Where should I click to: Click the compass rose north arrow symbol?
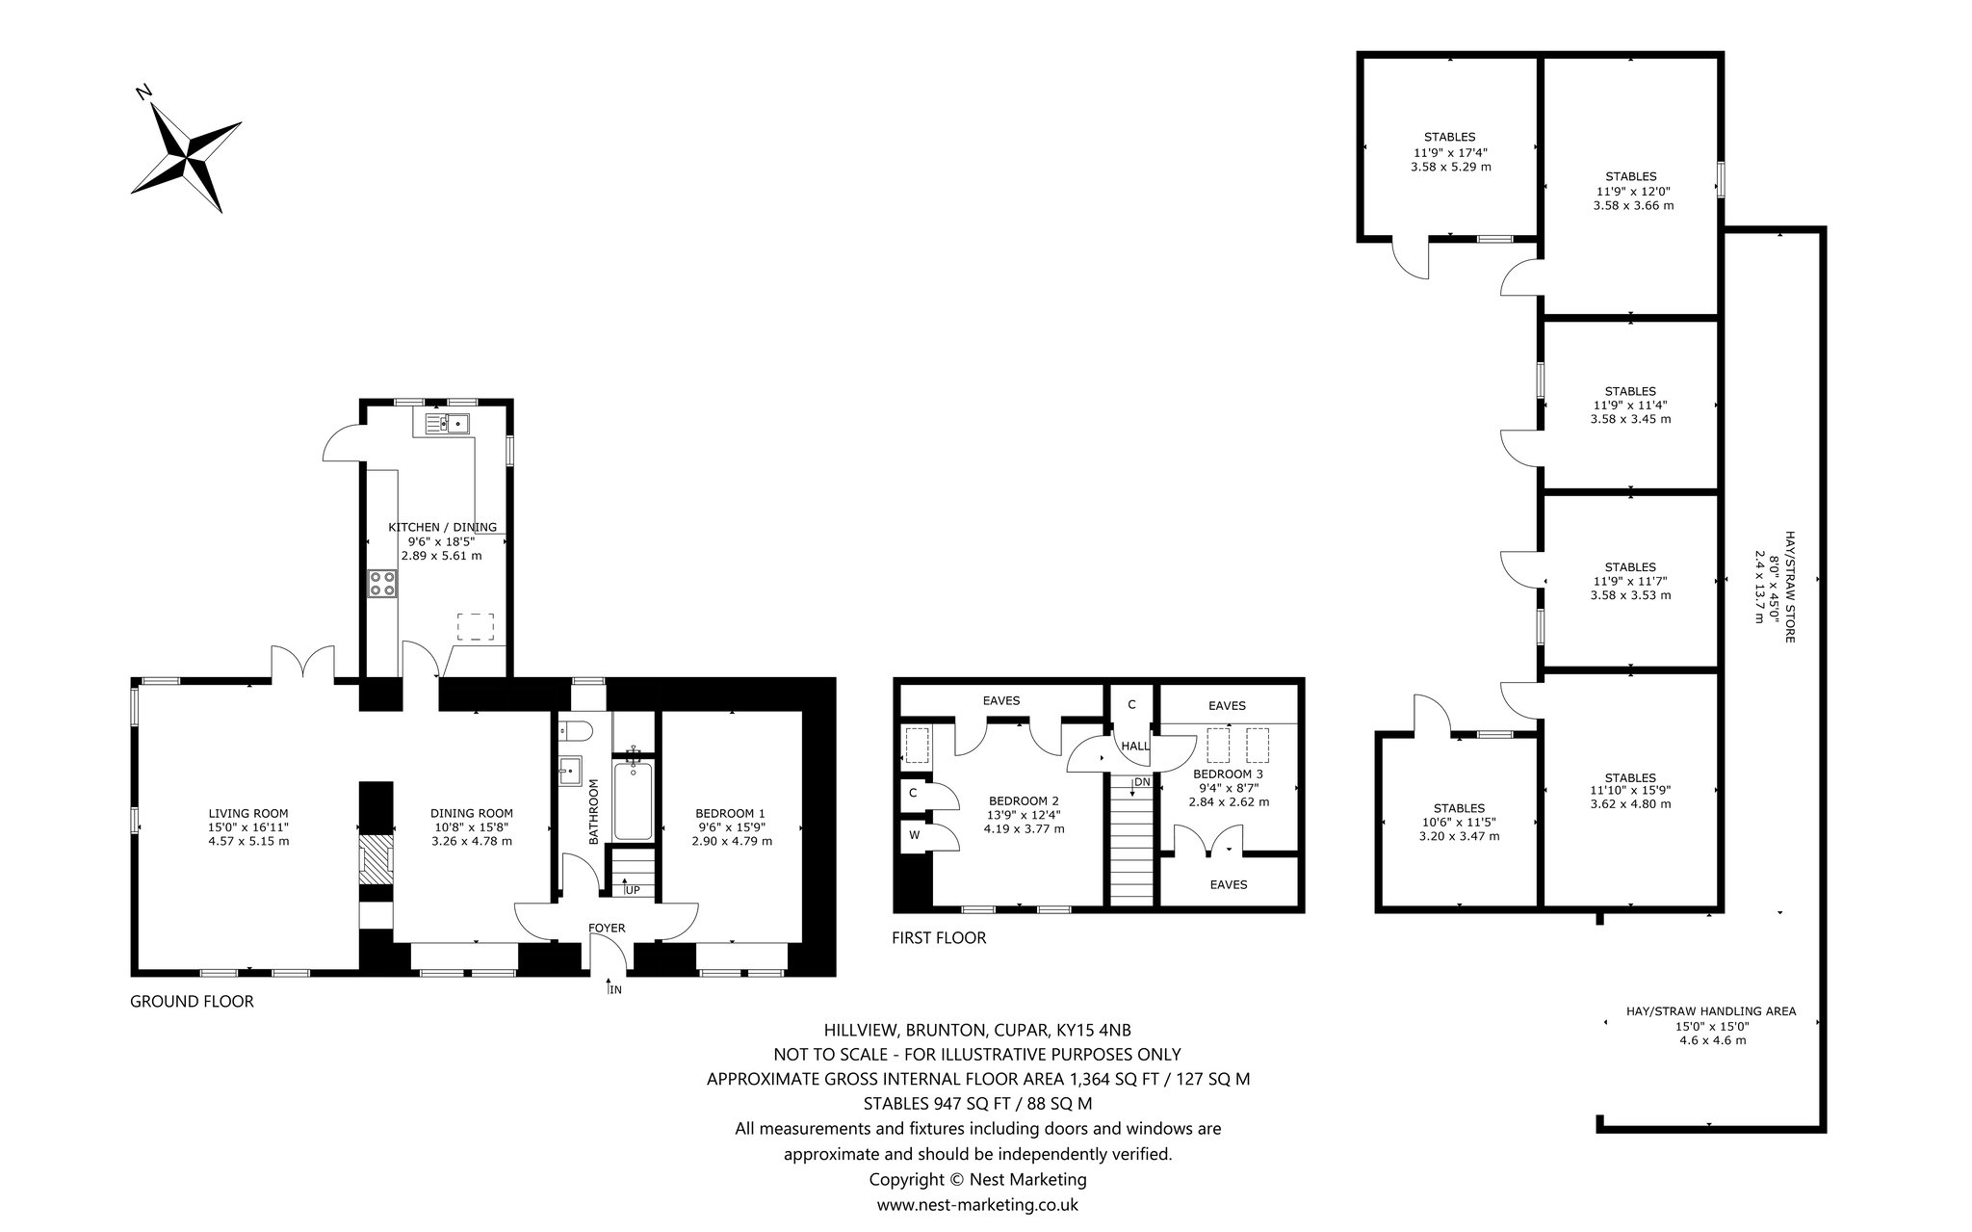tap(186, 153)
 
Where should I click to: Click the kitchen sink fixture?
tap(446, 422)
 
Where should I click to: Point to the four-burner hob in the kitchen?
tap(382, 585)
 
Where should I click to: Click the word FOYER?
tap(608, 929)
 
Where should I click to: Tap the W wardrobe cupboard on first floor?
tap(915, 835)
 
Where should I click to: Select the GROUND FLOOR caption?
tap(192, 1002)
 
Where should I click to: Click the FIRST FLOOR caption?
tap(939, 938)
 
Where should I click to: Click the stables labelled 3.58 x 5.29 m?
tap(1449, 151)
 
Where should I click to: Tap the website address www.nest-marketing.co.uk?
tap(977, 1204)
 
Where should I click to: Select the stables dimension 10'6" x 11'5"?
tap(1459, 822)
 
